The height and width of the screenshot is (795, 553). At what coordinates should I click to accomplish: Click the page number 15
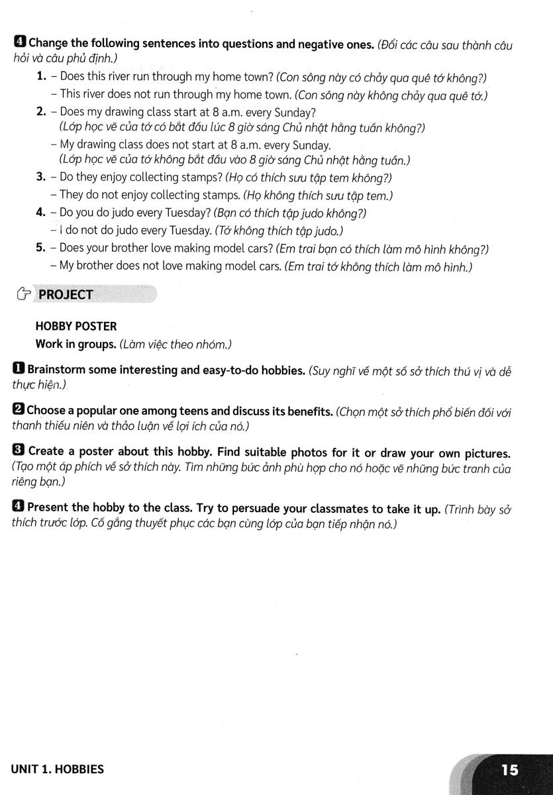(510, 770)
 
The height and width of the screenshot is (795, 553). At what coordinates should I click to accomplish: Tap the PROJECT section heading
(66, 295)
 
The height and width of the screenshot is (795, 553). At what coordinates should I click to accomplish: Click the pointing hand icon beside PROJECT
(23, 295)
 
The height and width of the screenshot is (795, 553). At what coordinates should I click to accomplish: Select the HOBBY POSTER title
(75, 327)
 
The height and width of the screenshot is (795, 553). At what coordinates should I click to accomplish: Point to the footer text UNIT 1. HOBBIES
(58, 770)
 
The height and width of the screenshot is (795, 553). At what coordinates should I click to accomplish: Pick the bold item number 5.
(40, 248)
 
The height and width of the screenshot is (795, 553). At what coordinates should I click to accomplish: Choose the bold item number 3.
(40, 178)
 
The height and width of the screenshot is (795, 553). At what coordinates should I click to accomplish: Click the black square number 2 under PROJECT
(19, 411)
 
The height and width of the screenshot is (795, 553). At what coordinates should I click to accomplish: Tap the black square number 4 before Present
(19, 509)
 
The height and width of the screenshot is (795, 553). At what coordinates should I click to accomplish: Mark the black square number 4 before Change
(20, 44)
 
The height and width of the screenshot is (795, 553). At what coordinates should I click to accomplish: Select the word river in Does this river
(128, 78)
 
